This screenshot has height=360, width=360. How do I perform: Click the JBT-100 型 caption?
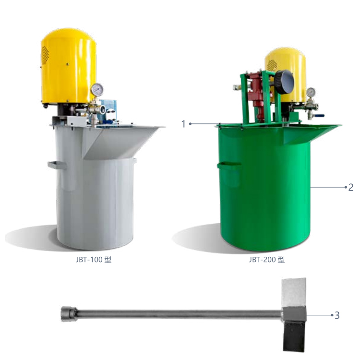94,260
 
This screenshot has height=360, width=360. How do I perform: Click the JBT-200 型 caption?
267,260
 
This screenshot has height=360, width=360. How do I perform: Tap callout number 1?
183,124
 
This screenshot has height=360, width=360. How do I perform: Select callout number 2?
350,187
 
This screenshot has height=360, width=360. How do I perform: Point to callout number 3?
337,315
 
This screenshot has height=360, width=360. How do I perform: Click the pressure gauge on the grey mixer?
97,90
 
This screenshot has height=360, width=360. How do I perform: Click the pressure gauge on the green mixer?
311,92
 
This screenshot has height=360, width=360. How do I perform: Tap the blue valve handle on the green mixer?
319,116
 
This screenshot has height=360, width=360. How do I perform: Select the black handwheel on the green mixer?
284,82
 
